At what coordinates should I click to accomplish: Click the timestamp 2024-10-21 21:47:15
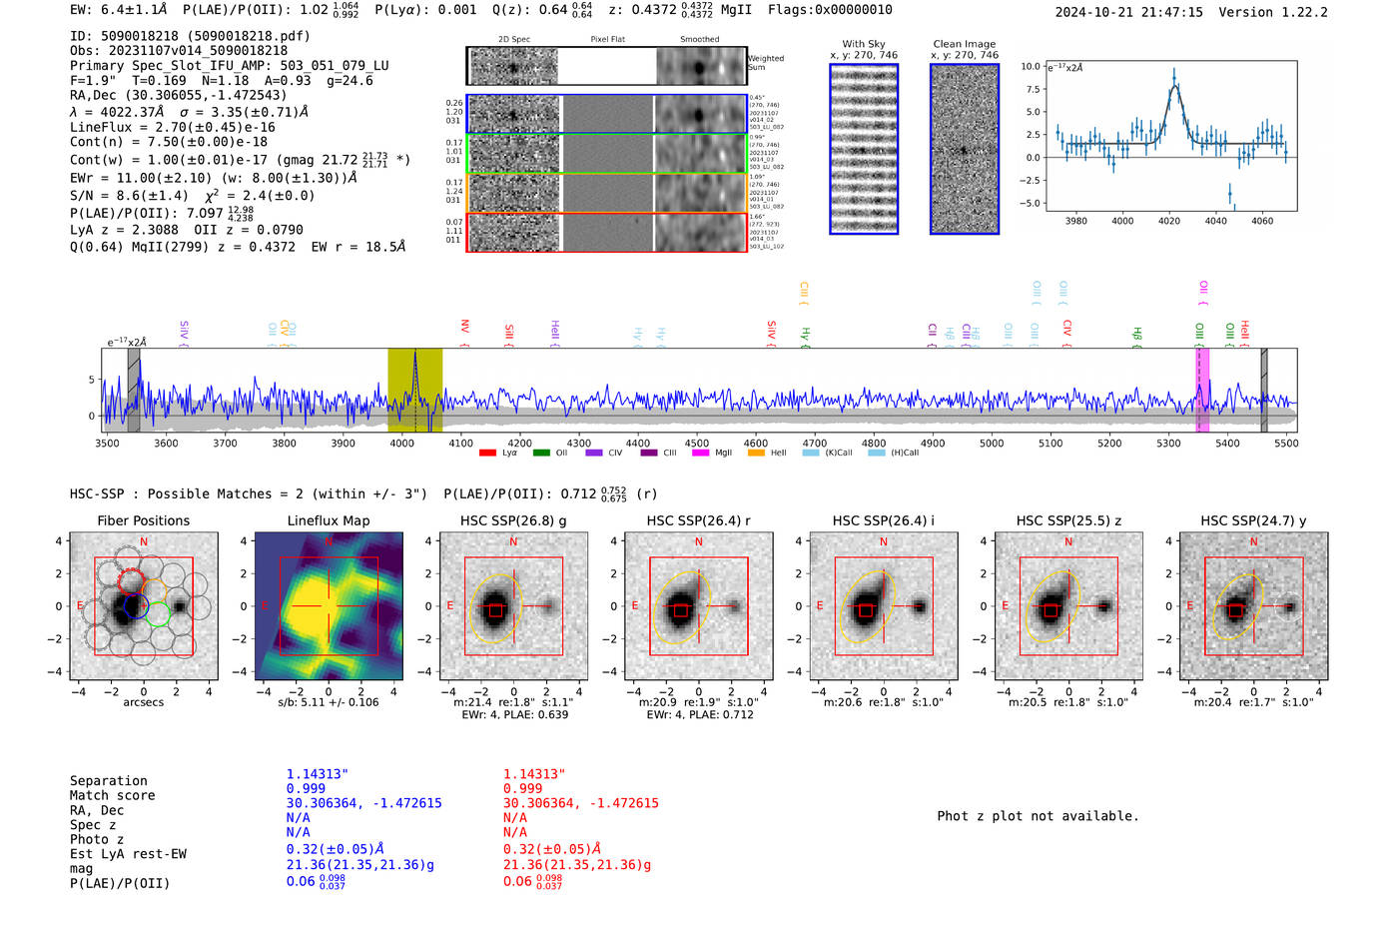coord(1128,12)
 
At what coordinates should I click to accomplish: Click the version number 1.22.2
coord(1296,12)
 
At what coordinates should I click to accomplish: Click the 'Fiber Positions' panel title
coord(143,520)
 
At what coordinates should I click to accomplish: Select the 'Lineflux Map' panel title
coord(328,520)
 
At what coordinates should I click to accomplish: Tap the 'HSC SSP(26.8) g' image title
coord(513,520)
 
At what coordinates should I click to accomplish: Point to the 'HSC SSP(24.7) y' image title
coord(1253,520)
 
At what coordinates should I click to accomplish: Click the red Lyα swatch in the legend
coord(487,454)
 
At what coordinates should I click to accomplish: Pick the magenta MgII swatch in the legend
coord(700,454)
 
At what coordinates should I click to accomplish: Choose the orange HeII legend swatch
coord(756,454)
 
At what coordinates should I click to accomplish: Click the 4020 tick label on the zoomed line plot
coord(1169,221)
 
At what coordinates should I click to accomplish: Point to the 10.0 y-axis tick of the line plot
coord(1030,66)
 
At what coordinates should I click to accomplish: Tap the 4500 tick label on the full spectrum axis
coord(696,444)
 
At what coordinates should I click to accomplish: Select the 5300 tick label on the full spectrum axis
coord(1168,444)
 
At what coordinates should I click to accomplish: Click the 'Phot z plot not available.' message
coord(1038,816)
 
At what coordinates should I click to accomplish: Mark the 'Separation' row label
coord(108,781)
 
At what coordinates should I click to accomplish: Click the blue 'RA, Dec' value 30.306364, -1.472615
coord(363,803)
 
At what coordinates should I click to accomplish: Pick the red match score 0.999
coord(522,788)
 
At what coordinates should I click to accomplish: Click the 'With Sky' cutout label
coord(864,44)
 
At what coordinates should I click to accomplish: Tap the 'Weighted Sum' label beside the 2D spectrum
coord(766,63)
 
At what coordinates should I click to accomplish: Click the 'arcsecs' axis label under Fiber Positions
coord(143,702)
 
